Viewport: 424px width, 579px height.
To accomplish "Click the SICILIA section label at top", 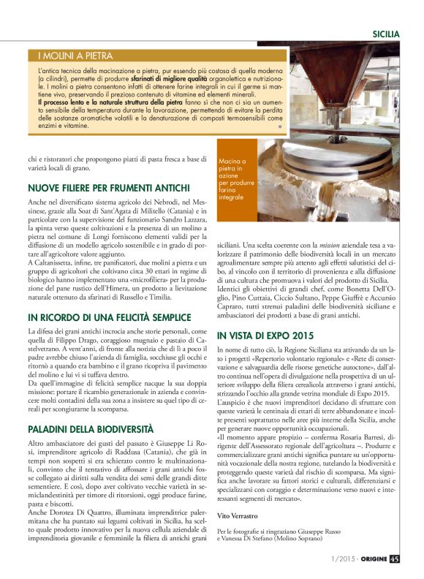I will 385,34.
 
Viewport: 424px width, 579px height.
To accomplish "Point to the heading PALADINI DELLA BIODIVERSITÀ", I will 91,429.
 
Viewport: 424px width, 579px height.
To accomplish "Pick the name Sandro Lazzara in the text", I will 173,220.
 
